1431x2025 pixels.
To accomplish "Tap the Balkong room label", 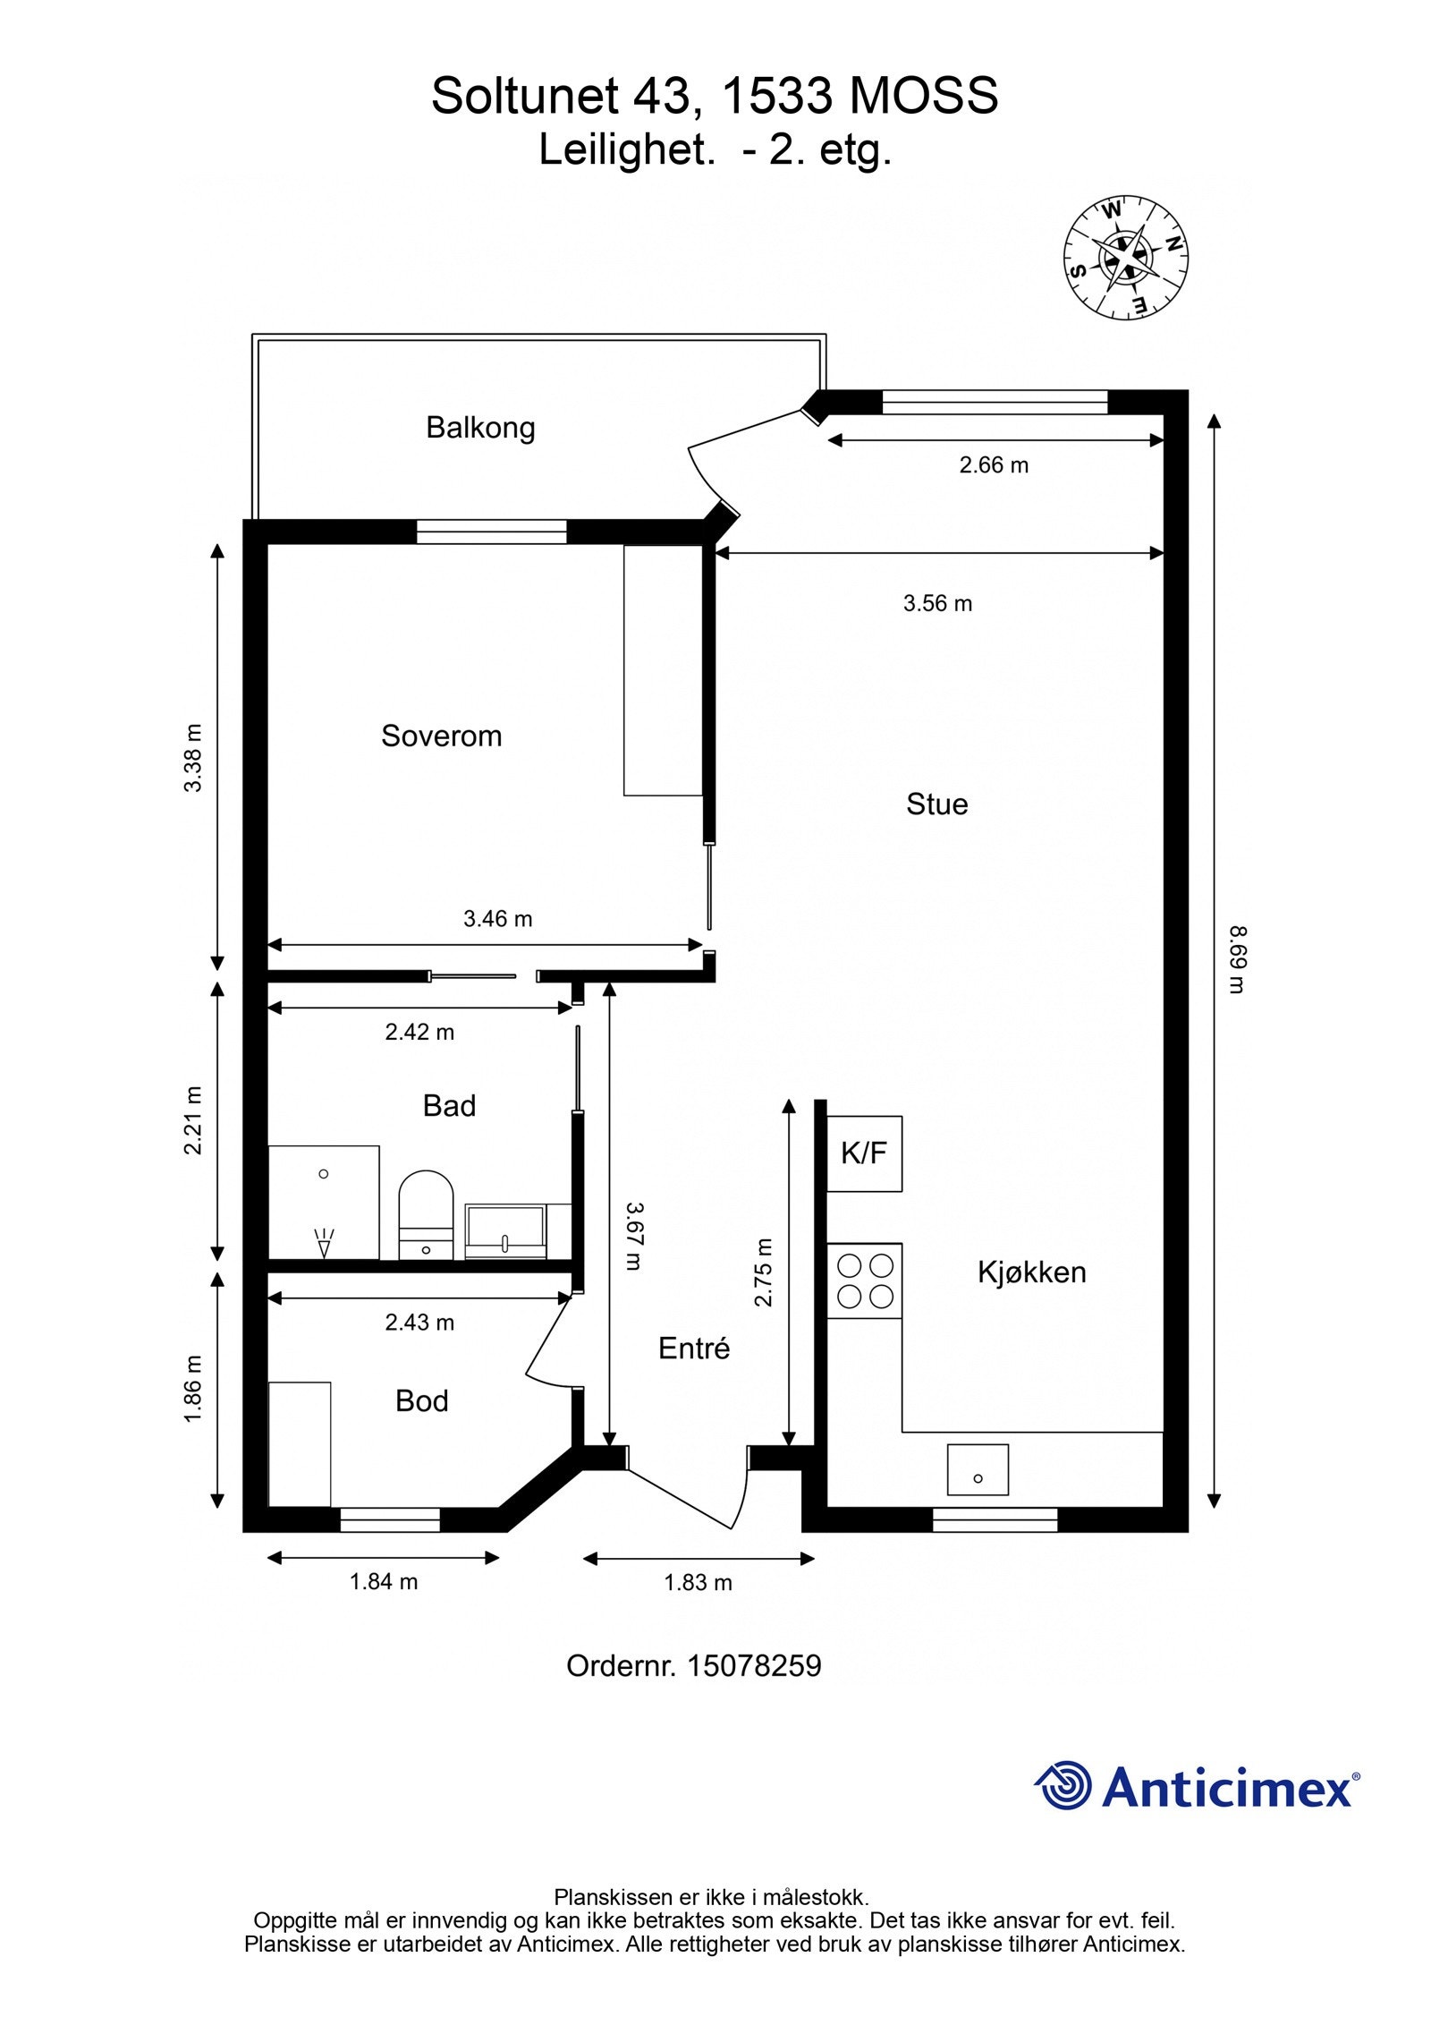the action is point(480,428).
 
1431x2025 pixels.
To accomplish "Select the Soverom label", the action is point(441,736).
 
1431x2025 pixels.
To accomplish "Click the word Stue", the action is point(936,804).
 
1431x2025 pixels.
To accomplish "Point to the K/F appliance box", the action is point(864,1153).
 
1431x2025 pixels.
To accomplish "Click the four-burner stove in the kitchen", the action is point(864,1281).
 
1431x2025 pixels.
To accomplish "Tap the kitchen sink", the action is point(978,1469).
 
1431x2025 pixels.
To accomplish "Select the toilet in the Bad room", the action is point(426,1214).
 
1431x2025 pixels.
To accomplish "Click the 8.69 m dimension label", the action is point(1237,959).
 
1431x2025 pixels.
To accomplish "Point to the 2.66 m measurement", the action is point(994,465).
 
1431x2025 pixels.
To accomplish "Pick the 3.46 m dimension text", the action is point(497,918).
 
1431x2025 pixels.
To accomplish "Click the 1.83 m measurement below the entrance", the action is point(698,1582).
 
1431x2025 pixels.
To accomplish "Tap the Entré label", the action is point(694,1348).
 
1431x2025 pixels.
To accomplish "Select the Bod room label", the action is point(421,1400).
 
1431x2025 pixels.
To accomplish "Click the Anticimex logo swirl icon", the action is point(1063,1784).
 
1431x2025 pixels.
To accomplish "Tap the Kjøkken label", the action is point(1031,1272).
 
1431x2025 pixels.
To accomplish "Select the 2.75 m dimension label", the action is point(763,1272).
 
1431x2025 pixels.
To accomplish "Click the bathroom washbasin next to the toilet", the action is point(505,1231).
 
